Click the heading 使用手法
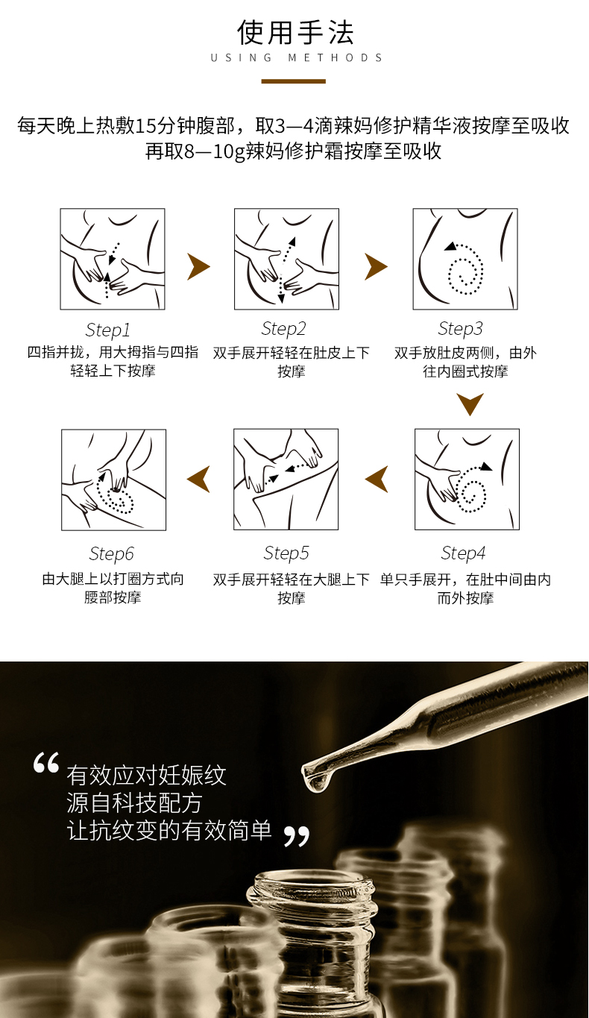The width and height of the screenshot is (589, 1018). pyautogui.click(x=295, y=32)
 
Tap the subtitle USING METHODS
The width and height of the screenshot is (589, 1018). pyautogui.click(x=296, y=57)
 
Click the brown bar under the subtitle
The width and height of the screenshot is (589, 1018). pyautogui.click(x=294, y=81)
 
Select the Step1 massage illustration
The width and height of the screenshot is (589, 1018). pyautogui.click(x=113, y=259)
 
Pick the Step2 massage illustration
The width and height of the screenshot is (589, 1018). pyautogui.click(x=286, y=259)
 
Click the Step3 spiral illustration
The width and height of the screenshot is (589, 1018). pyautogui.click(x=465, y=259)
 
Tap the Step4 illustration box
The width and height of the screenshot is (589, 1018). pyautogui.click(x=467, y=479)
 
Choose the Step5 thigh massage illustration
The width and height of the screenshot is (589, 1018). pyautogui.click(x=286, y=479)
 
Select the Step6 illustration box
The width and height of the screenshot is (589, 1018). pyautogui.click(x=113, y=480)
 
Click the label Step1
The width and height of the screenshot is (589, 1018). pyautogui.click(x=108, y=330)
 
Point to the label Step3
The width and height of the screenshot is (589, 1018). pyautogui.click(x=461, y=329)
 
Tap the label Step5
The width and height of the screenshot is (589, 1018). pyautogui.click(x=286, y=553)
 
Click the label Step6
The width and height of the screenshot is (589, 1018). pyautogui.click(x=111, y=553)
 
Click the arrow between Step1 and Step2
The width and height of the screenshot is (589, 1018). pyautogui.click(x=198, y=266)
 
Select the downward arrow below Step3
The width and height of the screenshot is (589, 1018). pyautogui.click(x=470, y=403)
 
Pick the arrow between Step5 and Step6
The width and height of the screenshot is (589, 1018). pyautogui.click(x=199, y=479)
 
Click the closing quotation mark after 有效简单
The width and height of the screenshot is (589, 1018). pyautogui.click(x=296, y=836)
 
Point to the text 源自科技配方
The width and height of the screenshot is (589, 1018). pyautogui.click(x=134, y=803)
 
